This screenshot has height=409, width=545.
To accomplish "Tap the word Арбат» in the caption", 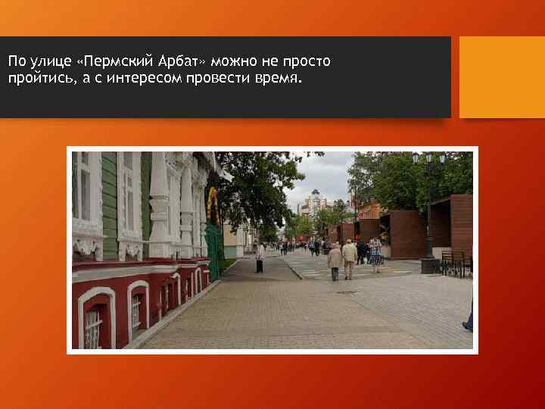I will click(186, 61).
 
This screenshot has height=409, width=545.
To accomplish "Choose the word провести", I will click(216, 79).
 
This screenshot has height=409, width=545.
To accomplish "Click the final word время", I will click(276, 79).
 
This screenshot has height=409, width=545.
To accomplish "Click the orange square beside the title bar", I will click(502, 77).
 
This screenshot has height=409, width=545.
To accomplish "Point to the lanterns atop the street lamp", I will click(428, 158).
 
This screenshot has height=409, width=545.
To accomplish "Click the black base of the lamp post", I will click(429, 265).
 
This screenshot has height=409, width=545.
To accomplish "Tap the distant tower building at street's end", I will click(315, 202).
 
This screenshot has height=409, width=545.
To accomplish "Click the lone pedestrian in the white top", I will click(260, 258).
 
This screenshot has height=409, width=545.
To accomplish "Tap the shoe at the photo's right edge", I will click(468, 326).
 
